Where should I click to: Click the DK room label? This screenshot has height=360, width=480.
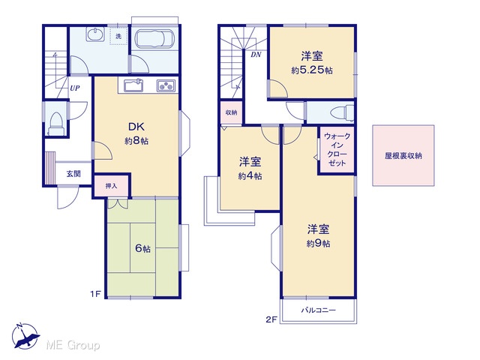coord(136,127)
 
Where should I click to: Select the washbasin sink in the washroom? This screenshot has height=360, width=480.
coord(95,34)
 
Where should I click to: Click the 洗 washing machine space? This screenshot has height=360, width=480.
coord(118,36)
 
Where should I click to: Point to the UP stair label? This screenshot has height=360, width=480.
coord(75,88)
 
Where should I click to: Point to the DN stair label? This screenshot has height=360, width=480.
coord(256,55)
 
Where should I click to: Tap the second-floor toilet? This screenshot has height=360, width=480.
coord(342,112)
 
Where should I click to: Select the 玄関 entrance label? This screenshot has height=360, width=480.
coord(73,174)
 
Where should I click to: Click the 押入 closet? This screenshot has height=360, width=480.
coord(111,185)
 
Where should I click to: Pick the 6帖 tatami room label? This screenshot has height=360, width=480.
coord(142,248)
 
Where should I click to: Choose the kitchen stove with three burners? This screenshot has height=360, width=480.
coord(166,85)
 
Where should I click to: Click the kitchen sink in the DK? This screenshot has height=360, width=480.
coord(133,85)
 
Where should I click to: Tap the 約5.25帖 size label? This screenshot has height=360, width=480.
coord(312,70)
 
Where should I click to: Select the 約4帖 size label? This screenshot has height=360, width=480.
coord(250,176)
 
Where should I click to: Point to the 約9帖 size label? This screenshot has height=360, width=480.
coord(318,243)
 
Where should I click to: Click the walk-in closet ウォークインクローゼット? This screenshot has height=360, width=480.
coord(337,150)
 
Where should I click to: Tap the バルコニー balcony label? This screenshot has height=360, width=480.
coord(318,310)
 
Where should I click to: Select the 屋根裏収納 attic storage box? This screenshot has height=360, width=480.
coord(403,155)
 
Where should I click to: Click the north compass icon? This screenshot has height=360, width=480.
coord(25,336)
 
